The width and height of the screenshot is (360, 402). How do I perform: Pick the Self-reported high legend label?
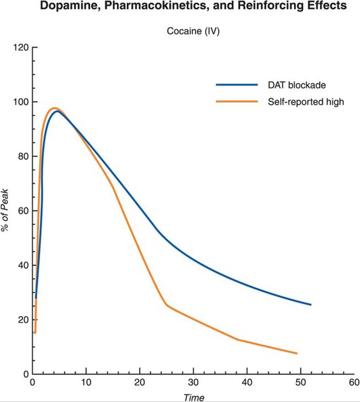tap(306, 102)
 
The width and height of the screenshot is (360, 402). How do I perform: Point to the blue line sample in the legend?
tap(237, 85)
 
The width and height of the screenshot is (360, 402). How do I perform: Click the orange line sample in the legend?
tap(237, 102)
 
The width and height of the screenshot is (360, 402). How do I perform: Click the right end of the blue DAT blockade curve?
tap(310, 304)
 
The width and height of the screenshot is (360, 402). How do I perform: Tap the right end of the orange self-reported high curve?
tap(297, 353)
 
